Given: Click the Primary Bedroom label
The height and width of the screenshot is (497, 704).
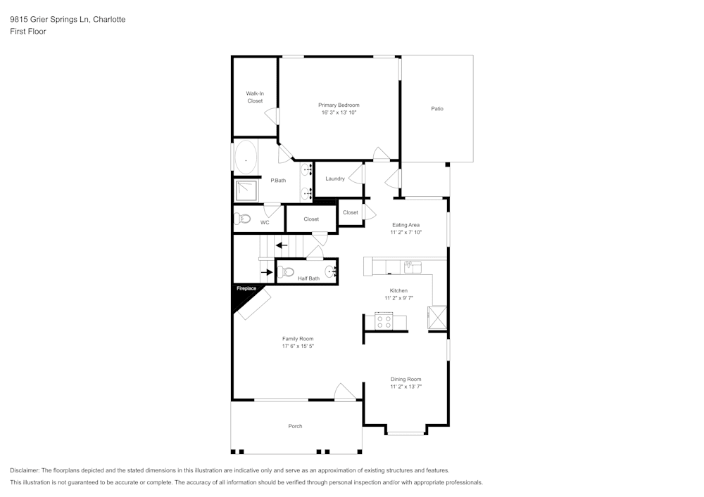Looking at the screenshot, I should (339, 105).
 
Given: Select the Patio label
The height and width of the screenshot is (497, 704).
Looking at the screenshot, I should (437, 108).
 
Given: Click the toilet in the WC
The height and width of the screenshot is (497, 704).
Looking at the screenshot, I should (243, 218).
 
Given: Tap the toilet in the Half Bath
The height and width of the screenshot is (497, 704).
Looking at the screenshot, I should (285, 271).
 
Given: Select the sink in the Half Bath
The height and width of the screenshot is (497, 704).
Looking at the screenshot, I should (330, 271).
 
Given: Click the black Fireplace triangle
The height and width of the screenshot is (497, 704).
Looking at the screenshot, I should (241, 296).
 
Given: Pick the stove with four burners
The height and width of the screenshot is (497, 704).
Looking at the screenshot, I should (384, 321).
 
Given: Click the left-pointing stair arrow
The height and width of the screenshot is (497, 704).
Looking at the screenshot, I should (281, 245).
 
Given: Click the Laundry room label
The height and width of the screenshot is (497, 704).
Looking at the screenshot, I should (335, 179).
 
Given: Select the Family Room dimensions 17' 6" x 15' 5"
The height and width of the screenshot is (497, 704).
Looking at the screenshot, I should (298, 346).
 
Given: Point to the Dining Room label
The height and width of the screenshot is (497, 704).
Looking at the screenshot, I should (406, 379).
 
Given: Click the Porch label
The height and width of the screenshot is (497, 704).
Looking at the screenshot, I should (295, 426).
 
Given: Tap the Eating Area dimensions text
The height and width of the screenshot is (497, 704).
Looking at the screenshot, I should (406, 232).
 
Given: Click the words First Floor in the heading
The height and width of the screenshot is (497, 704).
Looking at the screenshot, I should (28, 32).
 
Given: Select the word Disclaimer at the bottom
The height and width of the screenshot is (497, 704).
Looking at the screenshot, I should (25, 470).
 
